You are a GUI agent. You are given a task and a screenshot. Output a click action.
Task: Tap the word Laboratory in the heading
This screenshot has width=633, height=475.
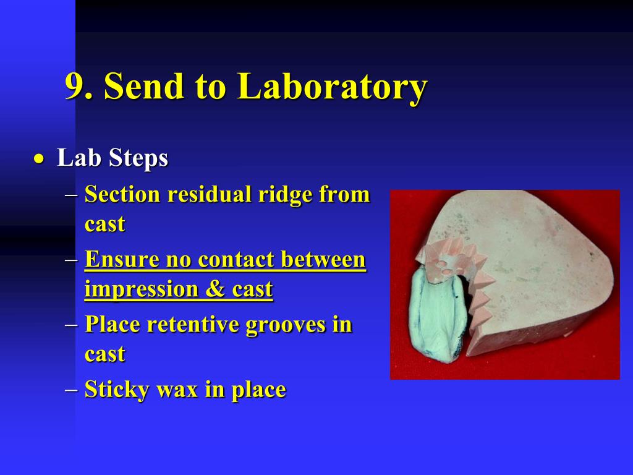coord(332,88)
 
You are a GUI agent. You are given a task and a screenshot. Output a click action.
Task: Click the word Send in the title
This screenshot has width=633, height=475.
coord(144,85)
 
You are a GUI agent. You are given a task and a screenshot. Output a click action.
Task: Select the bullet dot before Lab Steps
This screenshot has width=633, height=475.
coord(39,159)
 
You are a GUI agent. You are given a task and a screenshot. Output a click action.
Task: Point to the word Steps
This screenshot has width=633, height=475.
coord(138,158)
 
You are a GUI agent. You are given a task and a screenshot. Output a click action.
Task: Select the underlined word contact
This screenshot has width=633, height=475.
coord(234,259)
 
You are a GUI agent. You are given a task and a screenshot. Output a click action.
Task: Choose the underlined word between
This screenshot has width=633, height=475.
coord(323,259)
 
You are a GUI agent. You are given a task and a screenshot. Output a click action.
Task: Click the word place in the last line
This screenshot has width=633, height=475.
coord(258,391)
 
